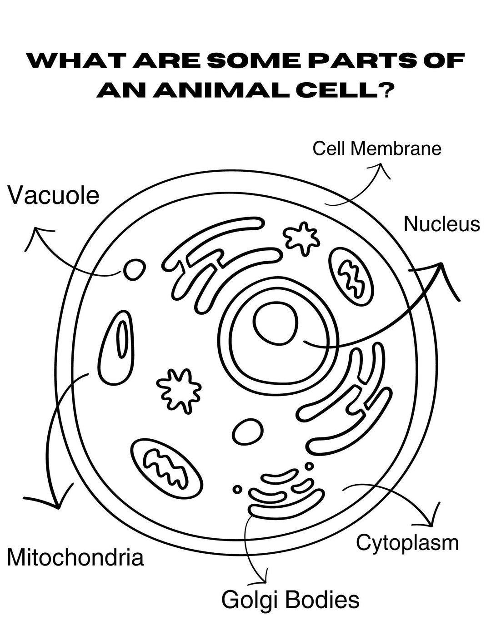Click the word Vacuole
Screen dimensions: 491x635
click(x=54, y=196)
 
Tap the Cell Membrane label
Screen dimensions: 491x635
click(x=377, y=149)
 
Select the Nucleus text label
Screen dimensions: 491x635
click(x=441, y=224)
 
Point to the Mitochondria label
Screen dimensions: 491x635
click(x=75, y=557)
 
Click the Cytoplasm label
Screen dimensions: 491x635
click(x=407, y=542)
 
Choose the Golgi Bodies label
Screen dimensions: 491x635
click(x=290, y=600)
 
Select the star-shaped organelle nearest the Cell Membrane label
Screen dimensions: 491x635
click(x=301, y=237)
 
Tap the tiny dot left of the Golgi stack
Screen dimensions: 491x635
click(x=237, y=489)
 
